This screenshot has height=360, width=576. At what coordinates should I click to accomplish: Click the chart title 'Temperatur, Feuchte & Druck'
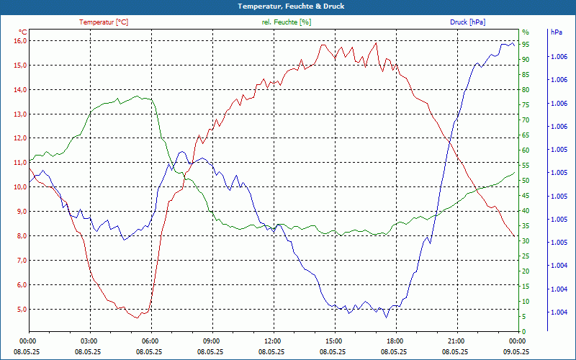coord(288,6)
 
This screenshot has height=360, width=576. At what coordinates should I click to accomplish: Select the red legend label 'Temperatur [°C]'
coord(104,22)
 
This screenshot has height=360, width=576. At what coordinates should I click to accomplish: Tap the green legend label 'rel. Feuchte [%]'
coord(287,22)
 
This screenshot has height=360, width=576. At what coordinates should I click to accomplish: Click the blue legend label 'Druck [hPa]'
coord(468,22)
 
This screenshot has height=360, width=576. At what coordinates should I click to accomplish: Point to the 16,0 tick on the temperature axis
coord(20,40)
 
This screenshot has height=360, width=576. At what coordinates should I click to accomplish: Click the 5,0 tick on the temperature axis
coord(20,309)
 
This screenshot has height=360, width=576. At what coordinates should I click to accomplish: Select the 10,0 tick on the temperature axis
coord(20,186)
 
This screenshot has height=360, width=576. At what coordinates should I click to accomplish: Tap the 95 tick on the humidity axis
coord(526,44)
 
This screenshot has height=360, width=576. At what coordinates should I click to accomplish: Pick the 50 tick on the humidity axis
coord(526,180)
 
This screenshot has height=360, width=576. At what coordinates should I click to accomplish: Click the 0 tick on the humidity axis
coord(524,332)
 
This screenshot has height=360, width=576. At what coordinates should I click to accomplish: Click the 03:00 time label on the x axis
coord(89,341)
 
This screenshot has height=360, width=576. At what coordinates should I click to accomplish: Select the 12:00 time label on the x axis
coord(273,341)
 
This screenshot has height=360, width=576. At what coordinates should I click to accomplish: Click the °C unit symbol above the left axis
coord(23,32)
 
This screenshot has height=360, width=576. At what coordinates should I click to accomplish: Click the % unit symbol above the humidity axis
coord(526,32)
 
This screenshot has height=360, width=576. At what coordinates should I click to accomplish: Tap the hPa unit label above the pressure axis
coord(556,32)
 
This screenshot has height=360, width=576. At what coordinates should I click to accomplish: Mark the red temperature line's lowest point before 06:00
coord(137,318)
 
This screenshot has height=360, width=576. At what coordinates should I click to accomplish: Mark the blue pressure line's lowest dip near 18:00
coord(386,318)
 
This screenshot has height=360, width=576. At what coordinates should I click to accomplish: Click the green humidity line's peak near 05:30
coord(138,96)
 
